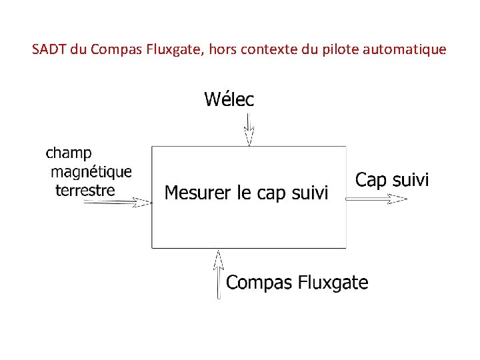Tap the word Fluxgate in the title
(x=169, y=49)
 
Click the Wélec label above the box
(x=229, y=100)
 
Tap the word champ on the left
(x=69, y=154)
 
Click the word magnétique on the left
(x=91, y=172)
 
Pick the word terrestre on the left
(x=85, y=191)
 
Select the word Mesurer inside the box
(x=197, y=193)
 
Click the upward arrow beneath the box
(x=219, y=273)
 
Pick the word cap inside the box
(x=271, y=194)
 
